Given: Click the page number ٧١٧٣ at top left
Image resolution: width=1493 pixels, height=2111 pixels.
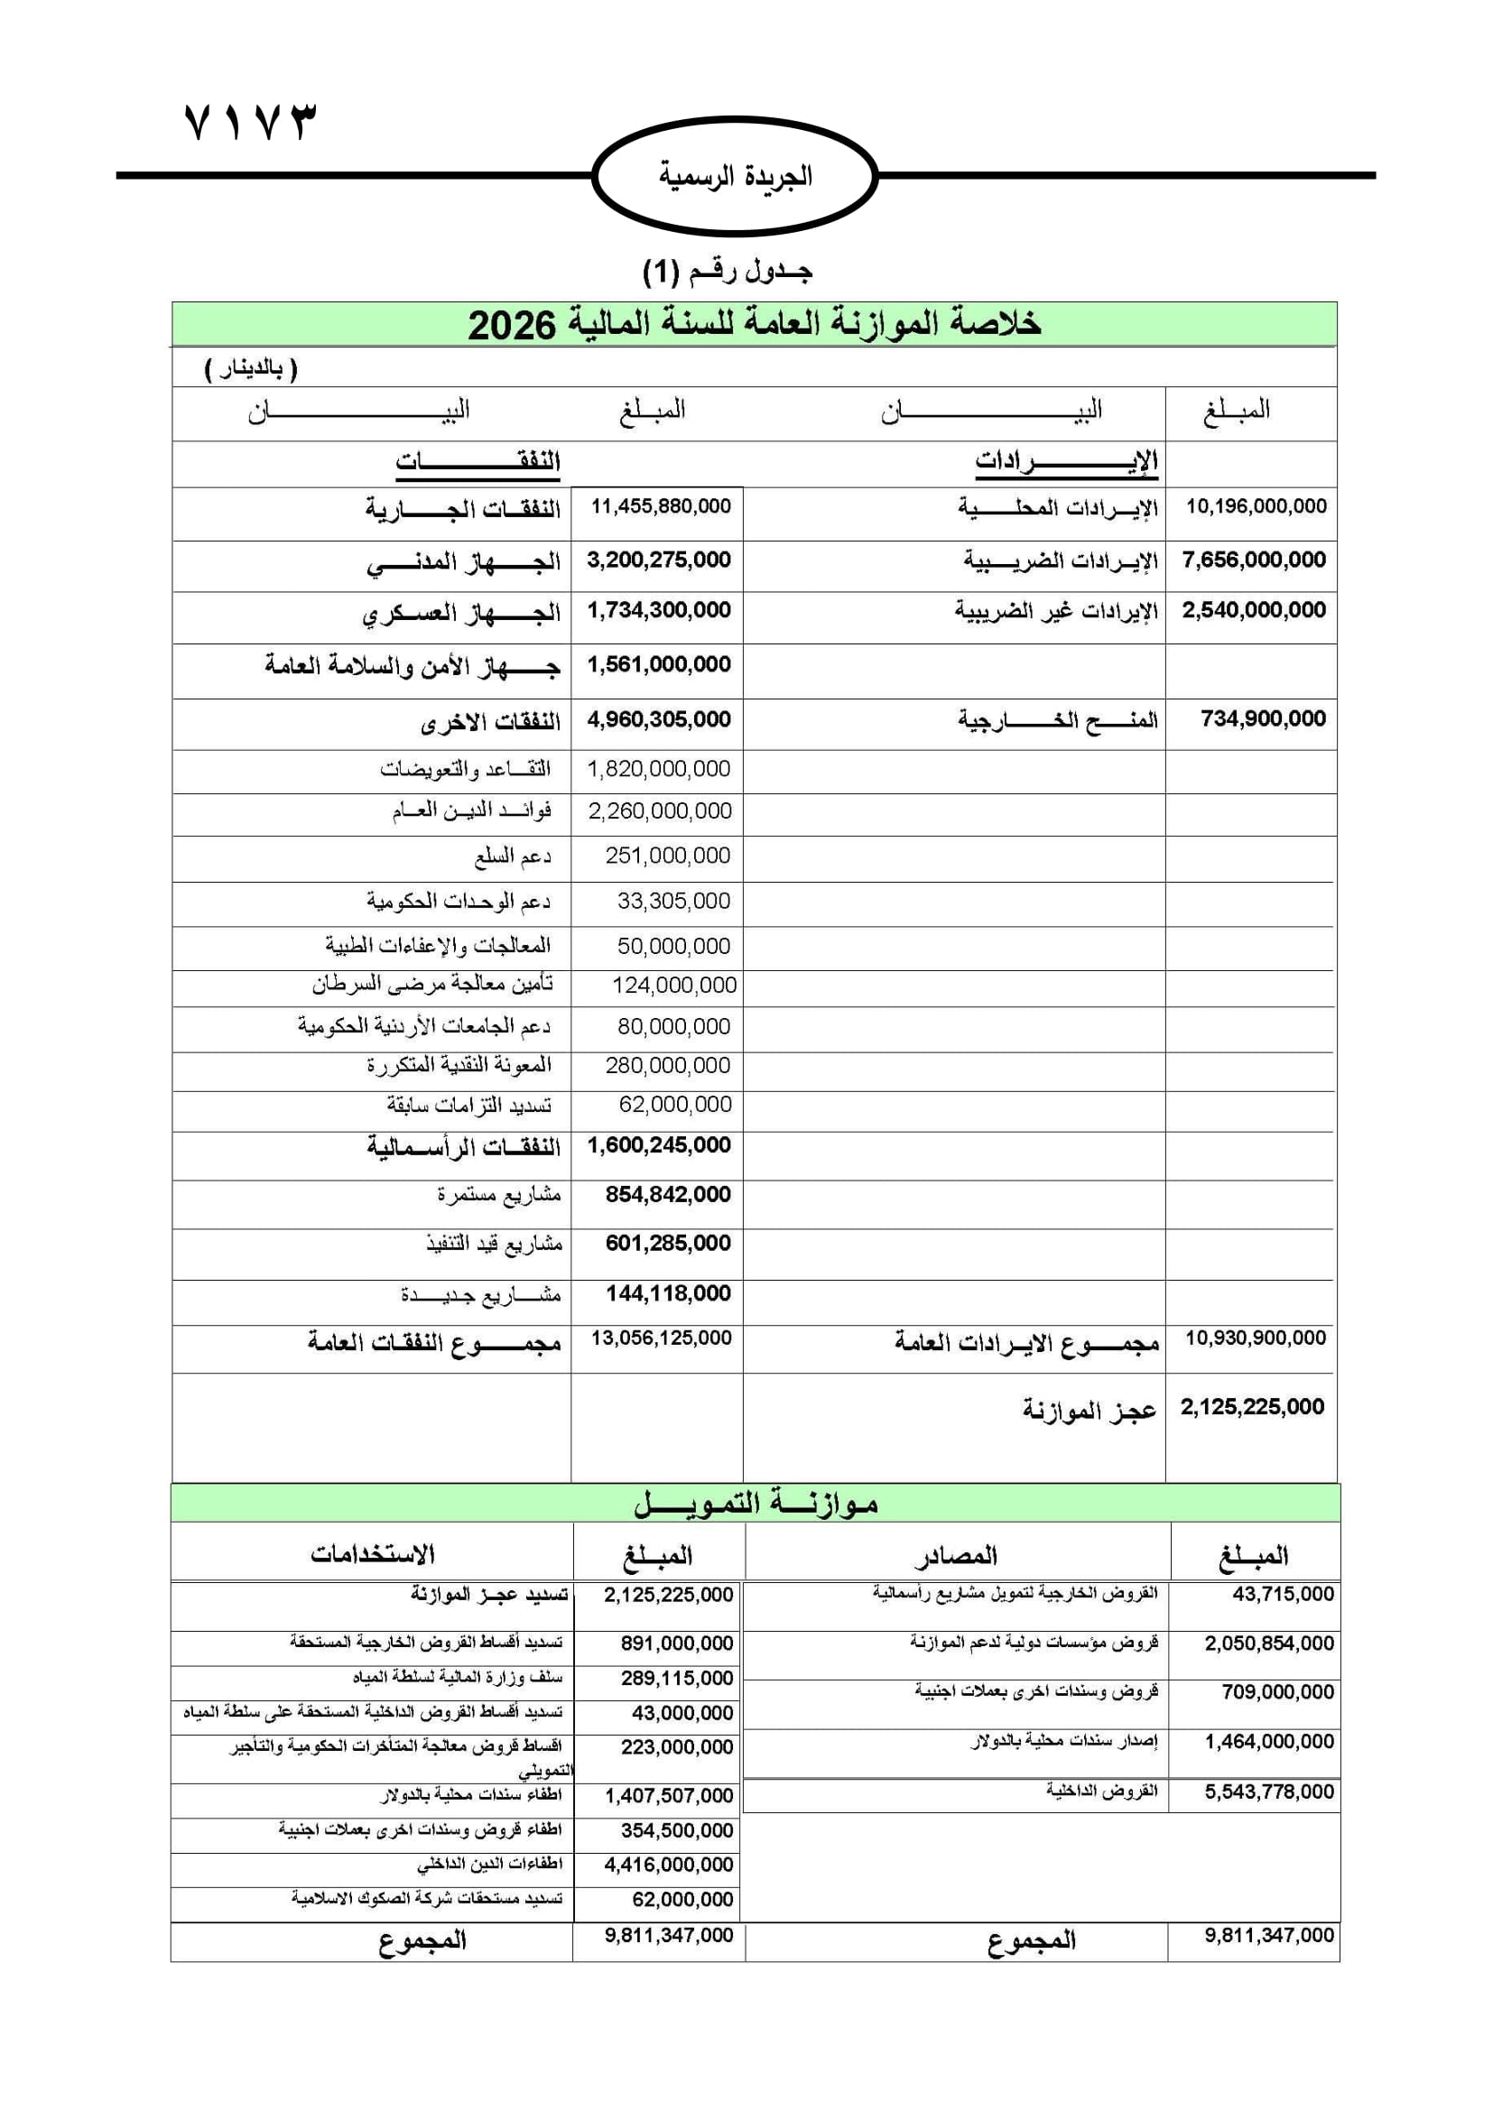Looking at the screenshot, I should pos(250,121).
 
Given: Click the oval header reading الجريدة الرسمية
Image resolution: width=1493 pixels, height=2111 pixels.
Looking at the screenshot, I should pos(736,176).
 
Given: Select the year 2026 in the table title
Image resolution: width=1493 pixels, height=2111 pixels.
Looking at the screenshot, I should pos(512,326).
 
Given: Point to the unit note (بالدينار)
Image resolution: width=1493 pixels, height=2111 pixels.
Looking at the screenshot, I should pos(250,370).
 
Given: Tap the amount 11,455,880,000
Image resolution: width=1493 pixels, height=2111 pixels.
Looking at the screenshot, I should pos(660,506).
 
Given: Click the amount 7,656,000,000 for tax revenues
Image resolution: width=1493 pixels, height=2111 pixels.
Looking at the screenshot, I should pos(1254,560).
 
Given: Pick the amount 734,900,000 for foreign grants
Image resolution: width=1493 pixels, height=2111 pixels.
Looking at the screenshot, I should pos(1263,719).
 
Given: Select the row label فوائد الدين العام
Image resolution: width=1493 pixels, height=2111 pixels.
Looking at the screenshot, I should pos(470,812).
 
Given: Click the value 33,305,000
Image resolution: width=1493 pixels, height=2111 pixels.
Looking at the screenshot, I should pos(673,901).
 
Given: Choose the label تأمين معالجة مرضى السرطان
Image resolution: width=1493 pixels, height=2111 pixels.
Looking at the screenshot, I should pos(432,985).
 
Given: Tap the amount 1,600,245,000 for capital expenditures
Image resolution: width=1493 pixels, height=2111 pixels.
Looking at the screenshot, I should pos(659,1145).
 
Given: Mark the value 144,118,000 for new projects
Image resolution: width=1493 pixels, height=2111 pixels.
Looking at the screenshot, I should pos(668,1293).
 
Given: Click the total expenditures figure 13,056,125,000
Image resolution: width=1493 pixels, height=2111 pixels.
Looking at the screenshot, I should pos(661,1338).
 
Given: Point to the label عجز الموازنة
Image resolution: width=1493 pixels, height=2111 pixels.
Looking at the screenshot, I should pos(1090,1410).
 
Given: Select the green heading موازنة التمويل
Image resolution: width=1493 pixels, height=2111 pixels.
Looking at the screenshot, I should pos(756,1505).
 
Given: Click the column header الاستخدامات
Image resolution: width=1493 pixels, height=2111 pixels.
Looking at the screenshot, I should pos(372,1555).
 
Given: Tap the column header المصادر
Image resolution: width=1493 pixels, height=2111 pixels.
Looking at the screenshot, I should pos(955,1556).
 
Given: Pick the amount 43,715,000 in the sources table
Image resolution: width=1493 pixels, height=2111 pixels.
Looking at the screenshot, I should pos(1283,1595).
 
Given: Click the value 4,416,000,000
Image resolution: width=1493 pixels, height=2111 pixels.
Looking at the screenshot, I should pos(668,1866).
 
